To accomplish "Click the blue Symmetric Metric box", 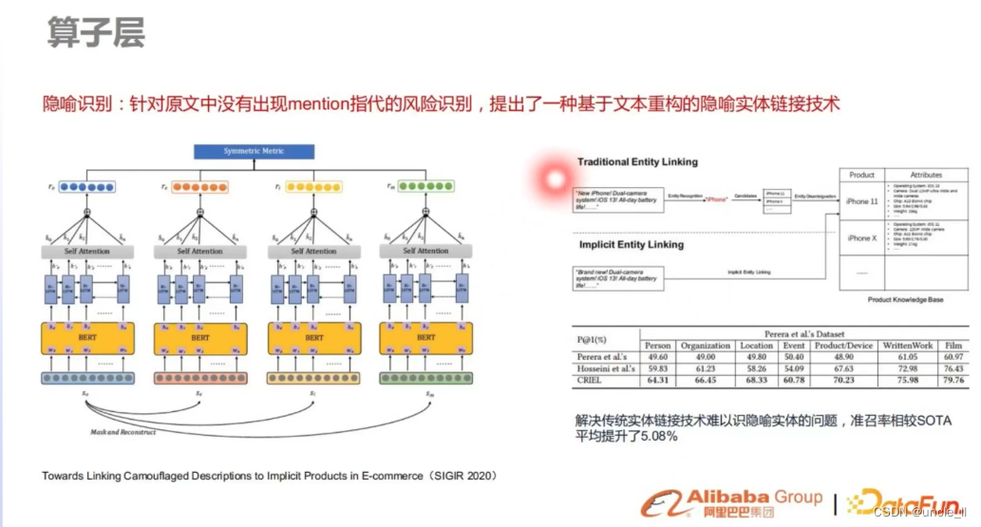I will [x=253, y=151].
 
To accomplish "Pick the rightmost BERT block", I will [x=426, y=337].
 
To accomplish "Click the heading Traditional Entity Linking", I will [x=637, y=162].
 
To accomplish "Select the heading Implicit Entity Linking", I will [x=631, y=244].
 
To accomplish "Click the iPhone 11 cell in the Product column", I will [x=861, y=201].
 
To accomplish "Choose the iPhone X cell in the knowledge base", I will [x=861, y=238].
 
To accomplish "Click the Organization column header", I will [x=705, y=346].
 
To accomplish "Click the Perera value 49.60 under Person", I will [x=657, y=357].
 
